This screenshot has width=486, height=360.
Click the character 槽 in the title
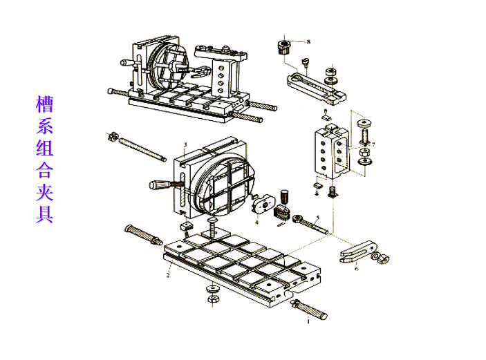coord(45,104)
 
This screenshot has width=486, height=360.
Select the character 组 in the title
coord(45,147)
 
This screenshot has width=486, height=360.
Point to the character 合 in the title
coord(45,169)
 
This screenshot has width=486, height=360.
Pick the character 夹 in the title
coord(45,191)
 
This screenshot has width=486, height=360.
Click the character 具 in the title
coord(45,214)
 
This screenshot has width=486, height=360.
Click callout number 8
coord(308,42)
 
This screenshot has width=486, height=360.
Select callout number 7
coord(373,144)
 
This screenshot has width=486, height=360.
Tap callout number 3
coord(185,144)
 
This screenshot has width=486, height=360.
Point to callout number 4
coord(256,222)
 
